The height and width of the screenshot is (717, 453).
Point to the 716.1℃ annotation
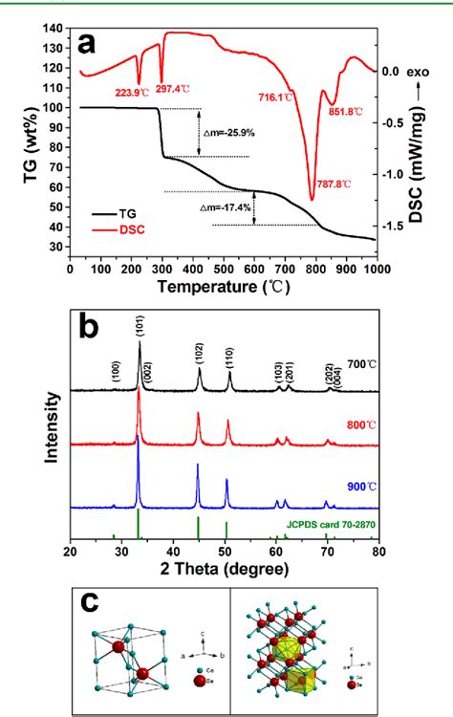pos(277,98)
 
